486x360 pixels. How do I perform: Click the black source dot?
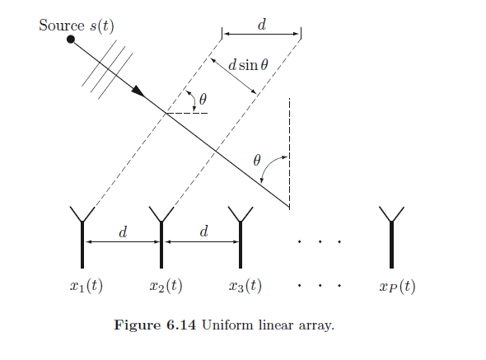coord(72,38)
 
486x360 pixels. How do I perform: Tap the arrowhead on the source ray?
coord(137,89)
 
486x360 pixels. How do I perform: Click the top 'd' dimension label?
coord(262,25)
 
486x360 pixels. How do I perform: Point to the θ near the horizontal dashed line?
coord(203,100)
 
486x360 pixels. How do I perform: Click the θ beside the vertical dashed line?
coord(257,159)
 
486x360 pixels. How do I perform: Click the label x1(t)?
coord(86,287)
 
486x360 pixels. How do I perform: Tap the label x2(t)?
coord(166,287)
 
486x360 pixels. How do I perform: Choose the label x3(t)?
coord(245,287)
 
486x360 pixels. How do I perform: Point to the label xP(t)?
coord(397,287)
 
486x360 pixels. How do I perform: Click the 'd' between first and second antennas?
coord(123,231)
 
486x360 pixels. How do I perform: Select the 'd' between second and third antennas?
coord(203,231)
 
